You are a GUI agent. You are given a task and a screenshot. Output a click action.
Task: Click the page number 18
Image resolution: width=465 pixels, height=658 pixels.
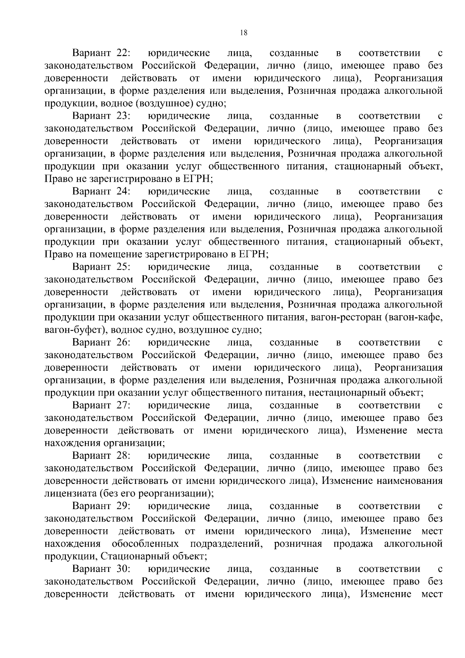coord(244,33)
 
